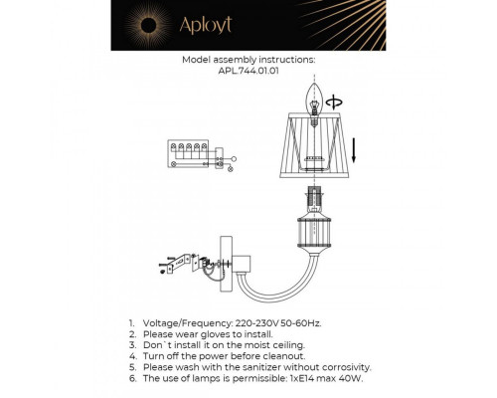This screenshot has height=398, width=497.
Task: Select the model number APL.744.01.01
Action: coord(248,71)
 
